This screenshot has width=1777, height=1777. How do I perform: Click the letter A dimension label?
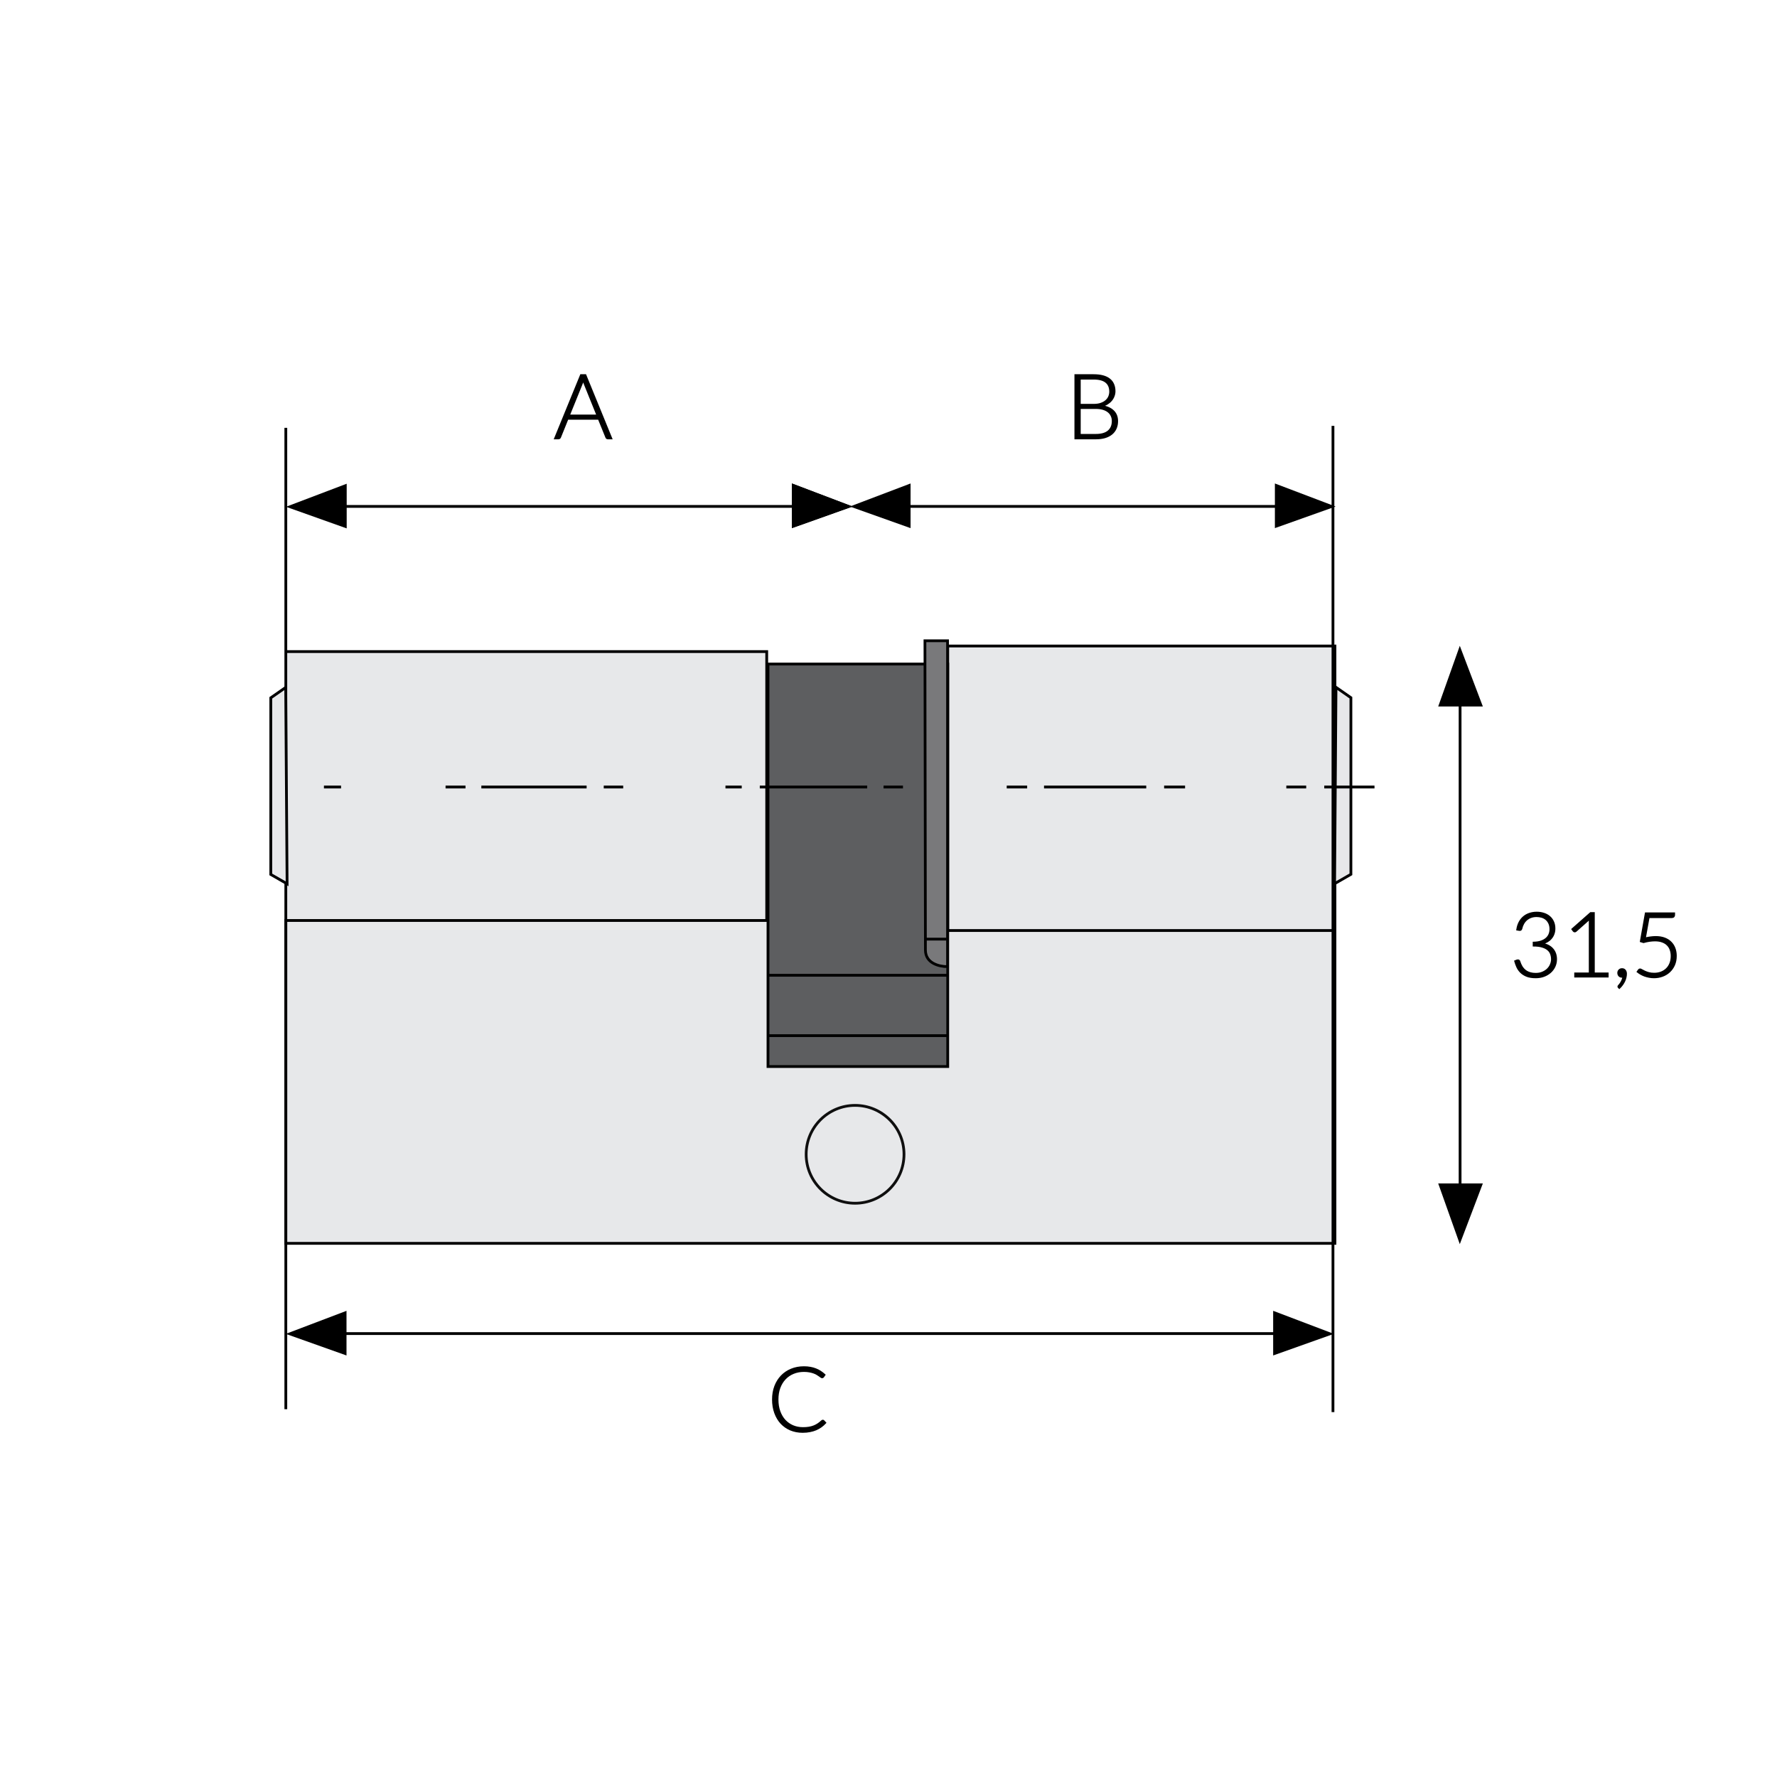583,407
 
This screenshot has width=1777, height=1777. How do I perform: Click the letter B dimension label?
1095,407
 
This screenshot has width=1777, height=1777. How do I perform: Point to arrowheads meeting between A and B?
851,506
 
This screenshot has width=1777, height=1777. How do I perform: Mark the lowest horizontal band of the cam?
857,1051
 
